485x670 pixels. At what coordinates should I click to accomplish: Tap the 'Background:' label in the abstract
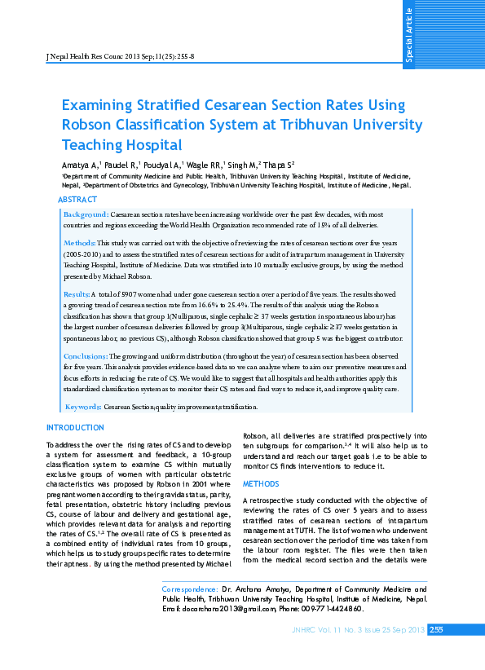pyautogui.click(x=86, y=214)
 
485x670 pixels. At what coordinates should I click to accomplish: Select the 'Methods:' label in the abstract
pyautogui.click(x=80, y=243)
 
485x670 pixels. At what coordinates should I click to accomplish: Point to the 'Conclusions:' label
pyautogui.click(x=86, y=357)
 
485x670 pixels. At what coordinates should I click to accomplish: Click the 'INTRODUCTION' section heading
pyautogui.click(x=75, y=427)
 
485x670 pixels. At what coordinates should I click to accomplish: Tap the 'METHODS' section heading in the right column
pyautogui.click(x=262, y=483)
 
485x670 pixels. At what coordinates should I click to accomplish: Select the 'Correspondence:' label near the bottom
pyautogui.click(x=190, y=588)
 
